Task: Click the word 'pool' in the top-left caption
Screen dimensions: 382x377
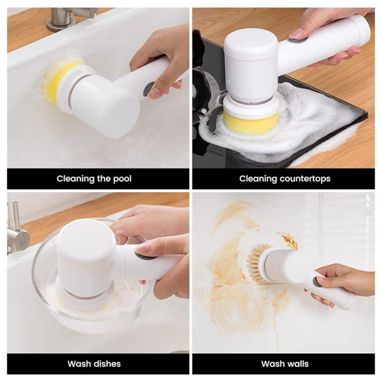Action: [122, 179]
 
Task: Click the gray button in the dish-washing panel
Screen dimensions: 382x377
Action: [143, 256]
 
